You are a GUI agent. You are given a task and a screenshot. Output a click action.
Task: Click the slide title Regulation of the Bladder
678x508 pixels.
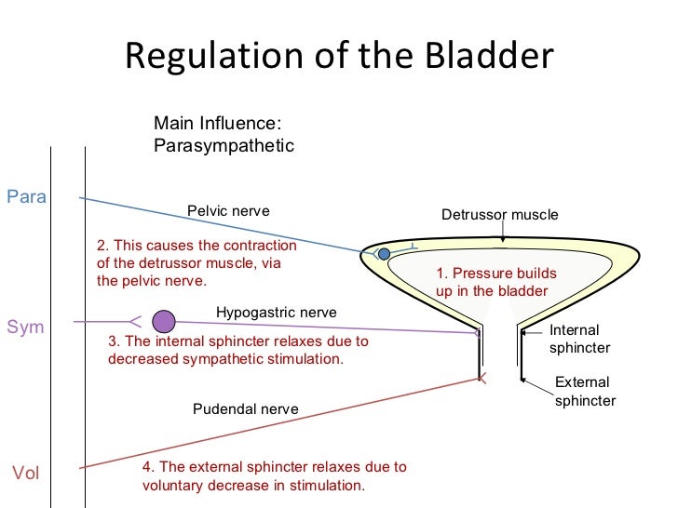pos(338,58)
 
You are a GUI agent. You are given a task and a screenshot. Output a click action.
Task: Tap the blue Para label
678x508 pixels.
pos(27,196)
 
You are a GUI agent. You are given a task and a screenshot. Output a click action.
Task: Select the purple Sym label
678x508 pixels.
pos(25,327)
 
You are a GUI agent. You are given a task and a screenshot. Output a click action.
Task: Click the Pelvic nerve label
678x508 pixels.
pos(228,211)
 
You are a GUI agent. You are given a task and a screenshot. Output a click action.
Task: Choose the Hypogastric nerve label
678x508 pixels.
pos(276,313)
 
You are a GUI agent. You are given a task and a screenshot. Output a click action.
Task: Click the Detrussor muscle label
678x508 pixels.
pos(499,215)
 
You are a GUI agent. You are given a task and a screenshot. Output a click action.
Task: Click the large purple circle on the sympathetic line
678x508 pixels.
pos(164,321)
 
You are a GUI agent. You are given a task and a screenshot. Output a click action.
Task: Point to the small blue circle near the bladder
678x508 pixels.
pos(384,253)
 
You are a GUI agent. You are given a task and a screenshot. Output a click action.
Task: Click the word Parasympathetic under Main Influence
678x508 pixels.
pos(223,146)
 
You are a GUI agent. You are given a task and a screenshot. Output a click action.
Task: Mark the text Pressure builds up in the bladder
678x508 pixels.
pos(495,282)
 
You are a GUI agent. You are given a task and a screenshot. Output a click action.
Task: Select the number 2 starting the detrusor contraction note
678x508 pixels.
pos(102,247)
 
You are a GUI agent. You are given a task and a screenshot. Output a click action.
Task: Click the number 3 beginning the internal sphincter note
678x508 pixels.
pos(113,341)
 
